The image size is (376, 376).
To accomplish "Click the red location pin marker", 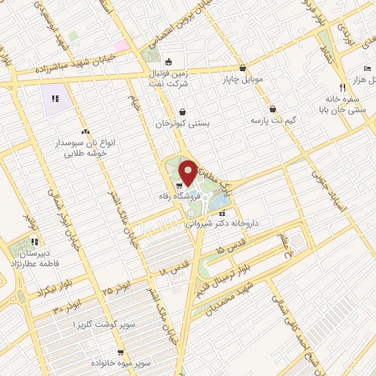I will (x=187, y=172).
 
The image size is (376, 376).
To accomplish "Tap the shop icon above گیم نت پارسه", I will (x=272, y=107).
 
